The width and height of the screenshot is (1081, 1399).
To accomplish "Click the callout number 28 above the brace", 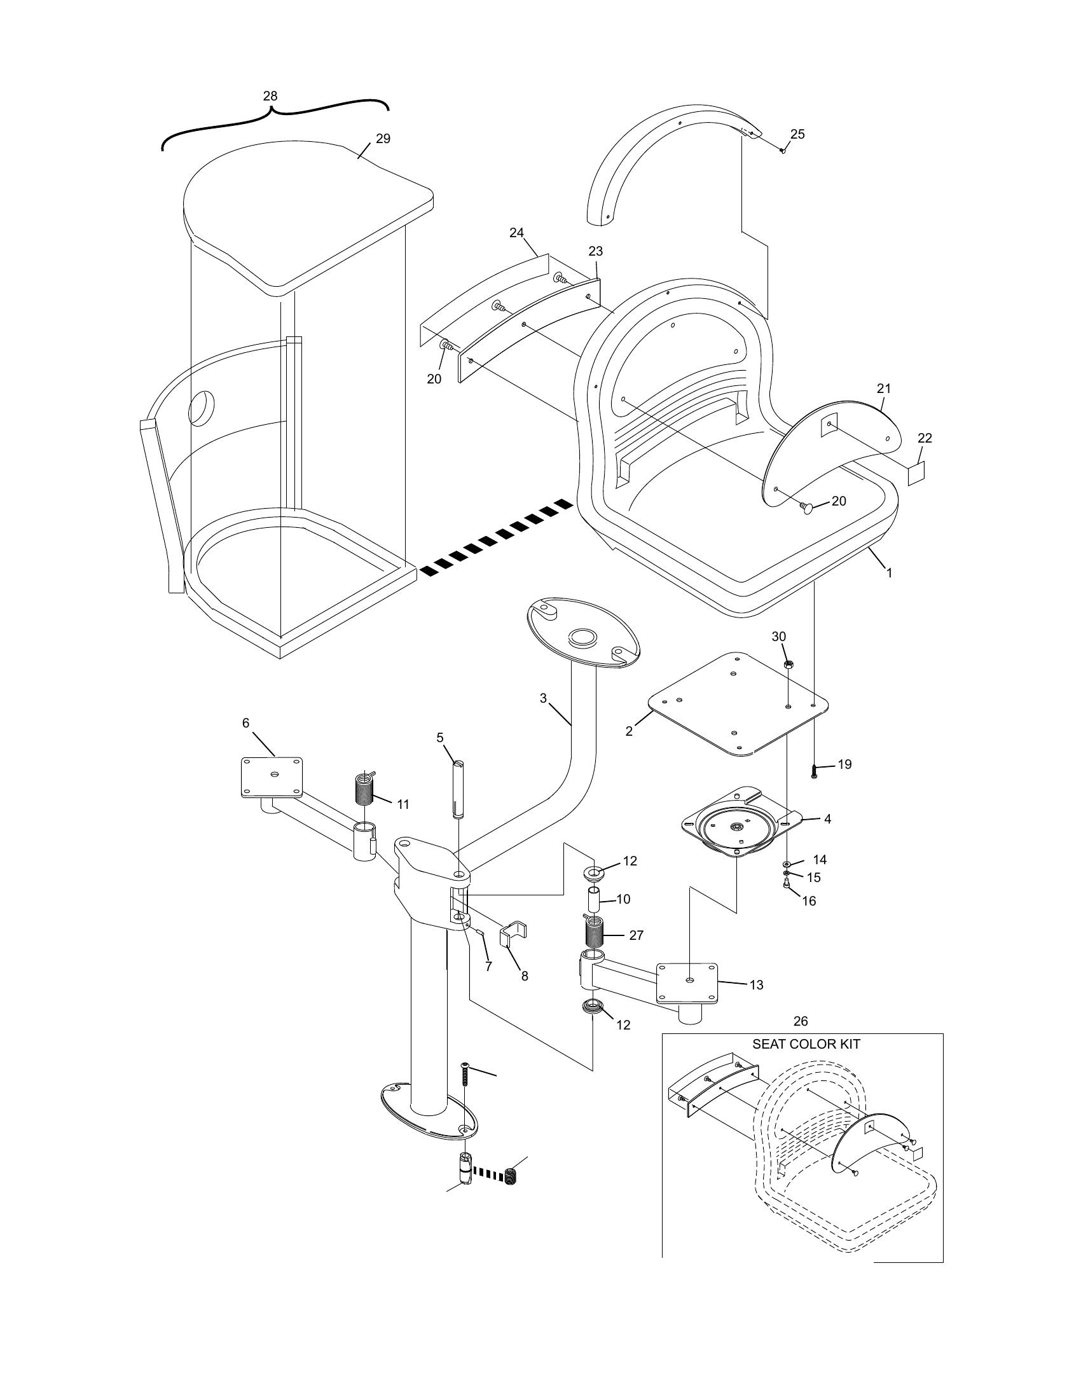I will point(270,96).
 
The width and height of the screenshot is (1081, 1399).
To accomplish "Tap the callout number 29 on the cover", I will point(383,139).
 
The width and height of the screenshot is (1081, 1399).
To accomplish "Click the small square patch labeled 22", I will point(917,474).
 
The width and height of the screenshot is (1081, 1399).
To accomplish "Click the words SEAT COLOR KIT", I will point(806,1044).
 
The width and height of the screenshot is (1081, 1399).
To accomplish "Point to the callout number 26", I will point(801,1021).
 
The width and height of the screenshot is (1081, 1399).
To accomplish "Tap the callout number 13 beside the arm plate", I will point(756,985).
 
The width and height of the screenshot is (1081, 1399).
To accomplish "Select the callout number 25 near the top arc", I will point(797,134).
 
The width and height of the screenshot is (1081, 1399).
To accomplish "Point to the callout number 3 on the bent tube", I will point(543,698).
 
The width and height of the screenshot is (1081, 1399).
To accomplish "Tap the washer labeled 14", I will point(787,864).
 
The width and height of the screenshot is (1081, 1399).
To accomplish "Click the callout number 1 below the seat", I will point(889,573).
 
